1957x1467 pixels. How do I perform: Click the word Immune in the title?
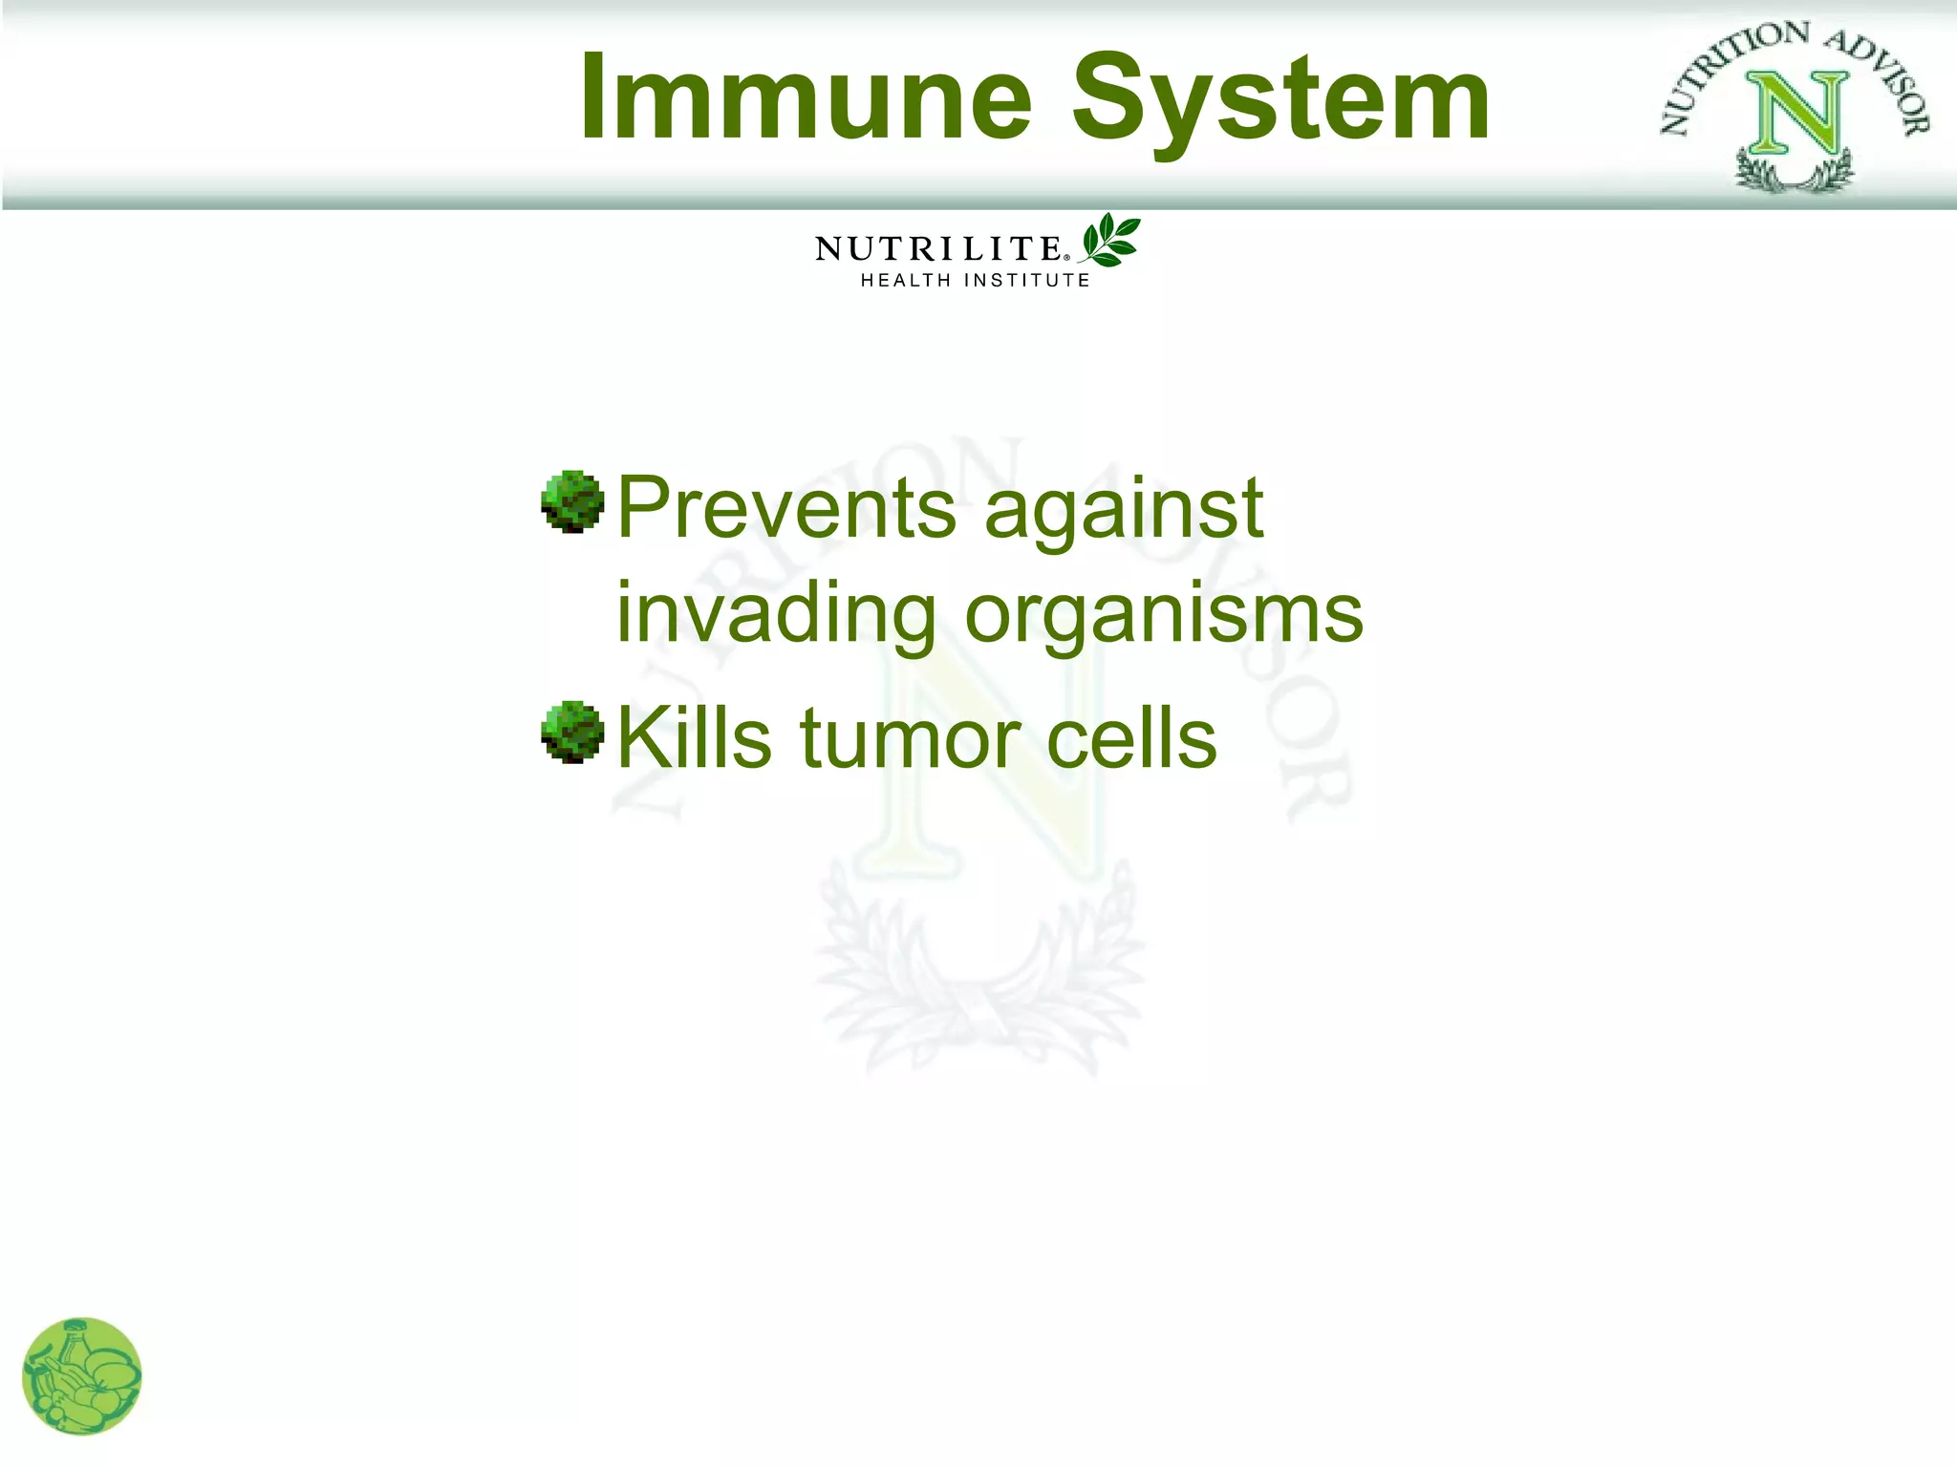tap(806, 97)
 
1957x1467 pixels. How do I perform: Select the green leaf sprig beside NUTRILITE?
tap(1110, 240)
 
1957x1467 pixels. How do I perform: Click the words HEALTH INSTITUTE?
tap(975, 281)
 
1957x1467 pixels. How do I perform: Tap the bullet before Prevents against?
tap(571, 501)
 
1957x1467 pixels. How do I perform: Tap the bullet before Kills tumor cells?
tap(571, 733)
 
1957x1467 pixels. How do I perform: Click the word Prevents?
tap(785, 508)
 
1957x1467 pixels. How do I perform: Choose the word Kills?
tap(694, 737)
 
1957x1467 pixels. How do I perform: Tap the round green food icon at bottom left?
tap(81, 1376)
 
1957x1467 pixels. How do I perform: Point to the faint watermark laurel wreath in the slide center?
tap(979, 974)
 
